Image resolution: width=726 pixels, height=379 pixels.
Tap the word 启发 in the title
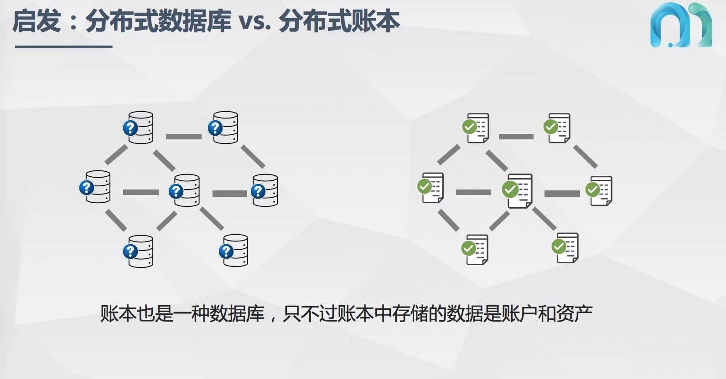[36, 21]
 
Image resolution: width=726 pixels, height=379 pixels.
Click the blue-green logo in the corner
[680, 25]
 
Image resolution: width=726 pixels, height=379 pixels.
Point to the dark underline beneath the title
[63, 46]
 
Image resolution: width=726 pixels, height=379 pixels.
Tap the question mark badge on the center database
[176, 191]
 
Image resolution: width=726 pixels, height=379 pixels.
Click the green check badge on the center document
[509, 189]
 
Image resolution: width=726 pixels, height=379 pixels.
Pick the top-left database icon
[139, 128]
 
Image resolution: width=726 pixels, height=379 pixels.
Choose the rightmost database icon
[265, 190]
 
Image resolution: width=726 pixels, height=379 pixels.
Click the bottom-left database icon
[139, 251]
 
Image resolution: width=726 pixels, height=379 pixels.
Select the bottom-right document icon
[567, 247]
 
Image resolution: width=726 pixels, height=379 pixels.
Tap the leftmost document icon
[431, 187]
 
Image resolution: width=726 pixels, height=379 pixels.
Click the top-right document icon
[558, 128]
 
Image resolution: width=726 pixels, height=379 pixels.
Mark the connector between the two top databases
[183, 136]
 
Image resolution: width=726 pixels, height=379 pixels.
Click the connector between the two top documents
[516, 136]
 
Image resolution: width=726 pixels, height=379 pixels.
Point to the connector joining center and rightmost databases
[229, 193]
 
